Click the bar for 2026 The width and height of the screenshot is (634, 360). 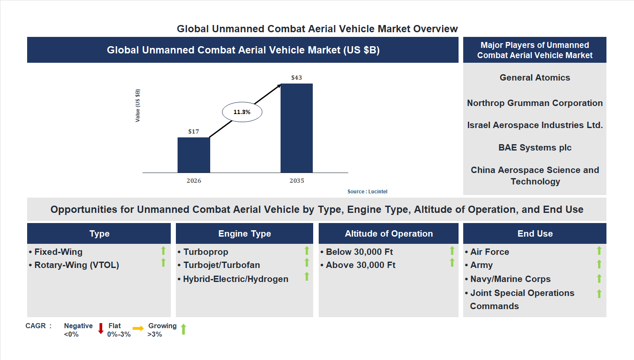(x=194, y=155)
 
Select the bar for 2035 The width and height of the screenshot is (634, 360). (x=297, y=128)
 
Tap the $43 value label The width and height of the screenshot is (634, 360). (x=296, y=78)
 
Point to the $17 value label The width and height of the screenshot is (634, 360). (x=194, y=131)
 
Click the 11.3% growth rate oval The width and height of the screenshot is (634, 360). (x=242, y=112)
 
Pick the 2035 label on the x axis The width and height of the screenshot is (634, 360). (x=297, y=181)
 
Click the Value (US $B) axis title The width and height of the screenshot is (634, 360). (x=137, y=106)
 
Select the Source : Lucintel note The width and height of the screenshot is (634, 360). (x=367, y=192)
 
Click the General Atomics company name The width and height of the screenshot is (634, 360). (x=534, y=78)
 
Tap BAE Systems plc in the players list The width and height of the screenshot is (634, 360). (x=534, y=148)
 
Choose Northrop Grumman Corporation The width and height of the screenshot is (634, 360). (x=534, y=103)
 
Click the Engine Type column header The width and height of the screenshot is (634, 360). (x=245, y=234)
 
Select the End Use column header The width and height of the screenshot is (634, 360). (x=535, y=234)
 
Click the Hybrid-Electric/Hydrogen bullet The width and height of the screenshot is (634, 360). (x=235, y=279)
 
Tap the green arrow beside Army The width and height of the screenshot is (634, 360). (x=599, y=264)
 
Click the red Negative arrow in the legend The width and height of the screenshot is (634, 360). (x=101, y=329)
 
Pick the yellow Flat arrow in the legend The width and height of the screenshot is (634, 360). (x=138, y=329)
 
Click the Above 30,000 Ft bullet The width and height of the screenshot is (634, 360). (x=360, y=265)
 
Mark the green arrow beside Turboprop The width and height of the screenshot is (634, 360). (x=306, y=251)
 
